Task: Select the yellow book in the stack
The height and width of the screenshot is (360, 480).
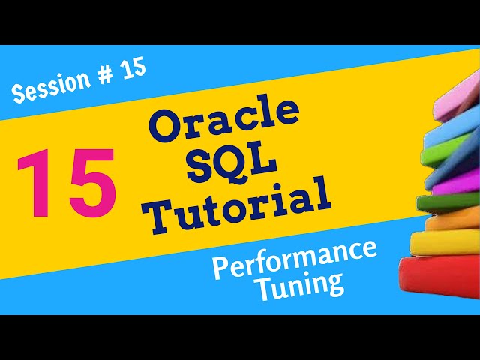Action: tap(448, 242)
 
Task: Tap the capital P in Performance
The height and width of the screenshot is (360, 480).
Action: tap(220, 271)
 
